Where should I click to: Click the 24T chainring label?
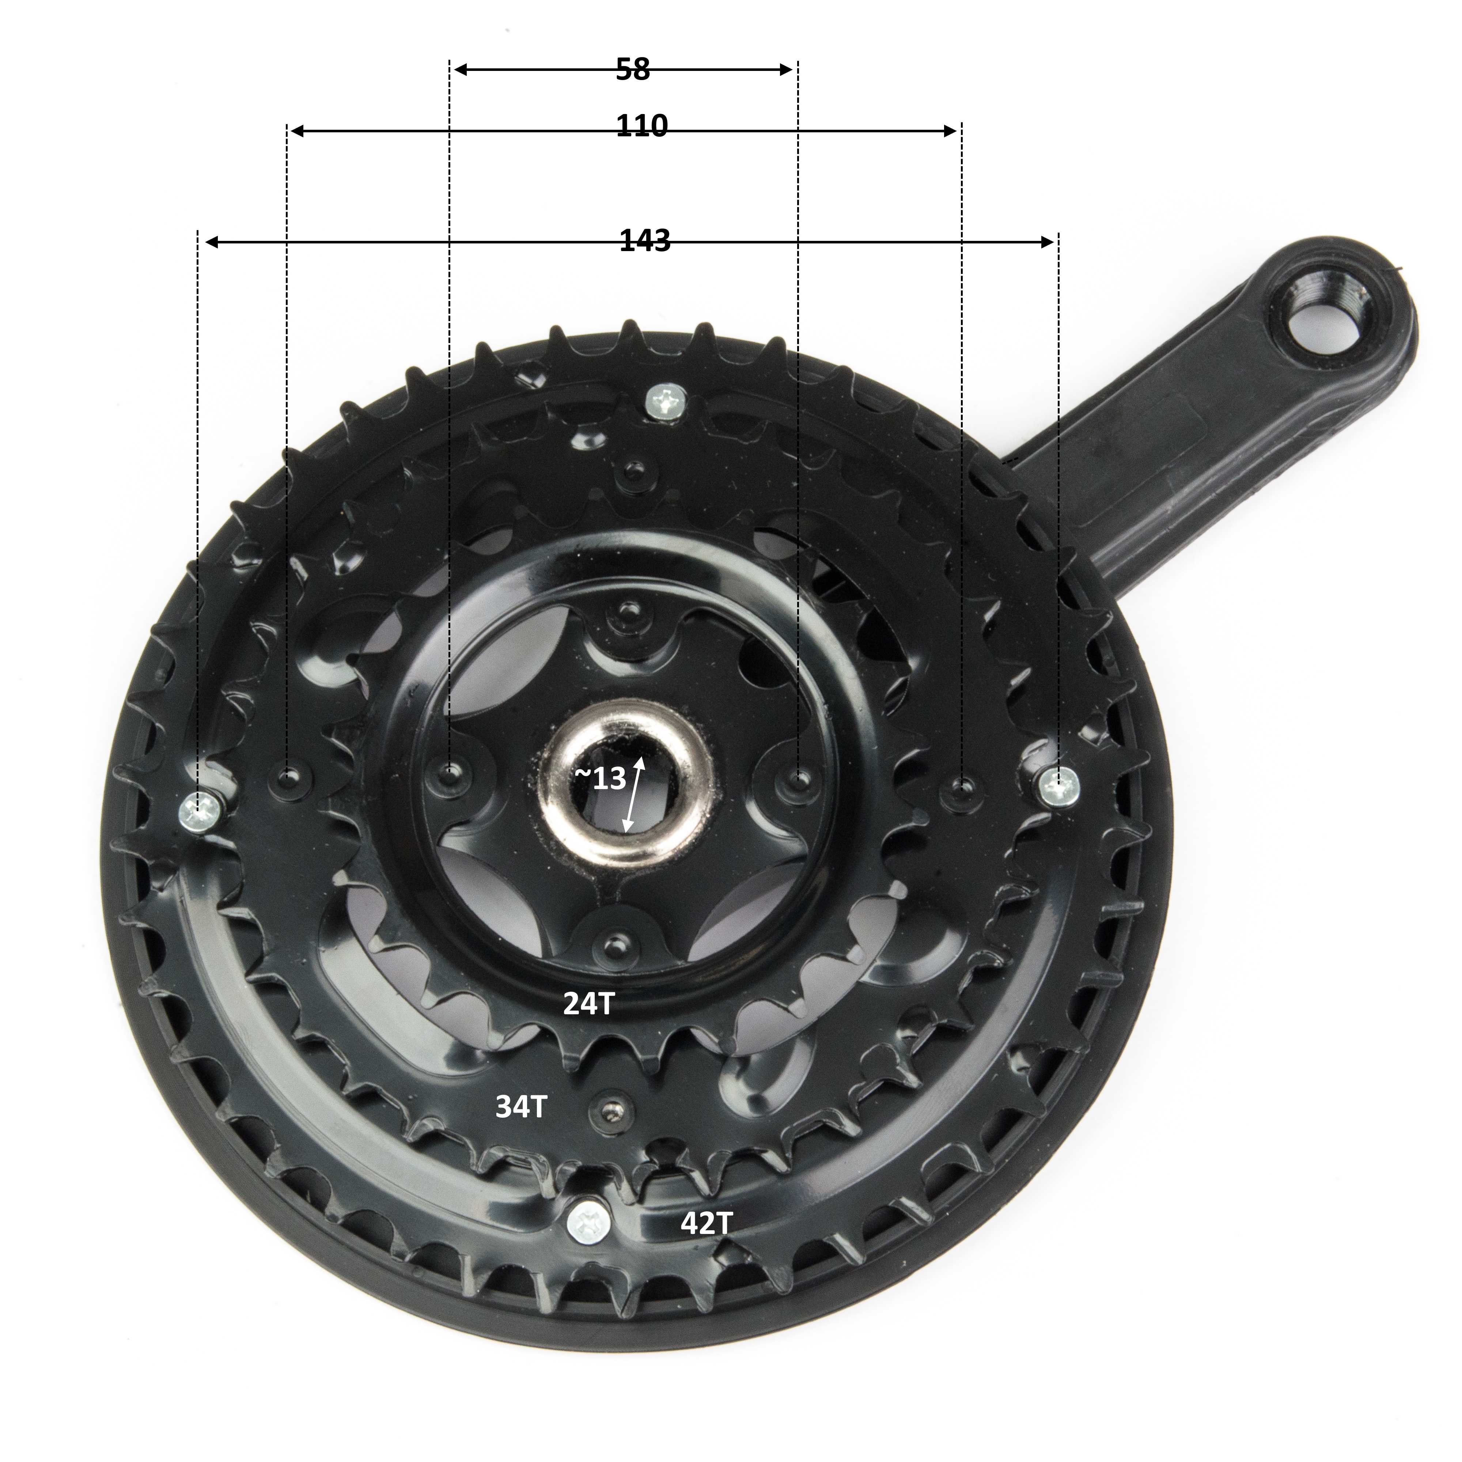tap(588, 1004)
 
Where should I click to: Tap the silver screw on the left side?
tap(201, 811)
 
